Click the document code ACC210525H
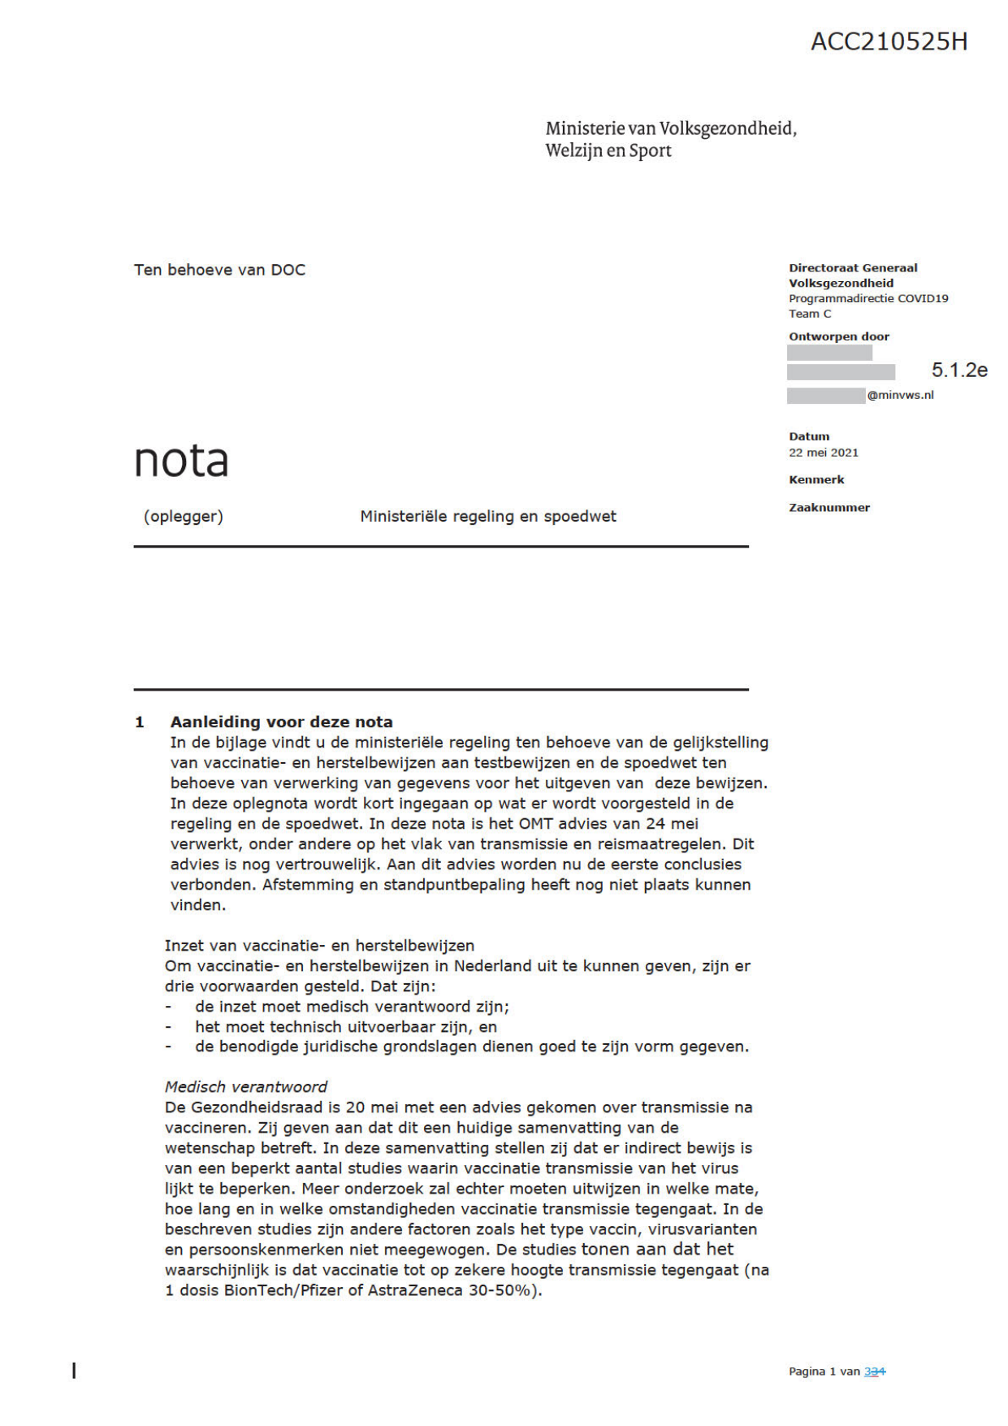(x=889, y=41)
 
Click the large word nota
(x=181, y=461)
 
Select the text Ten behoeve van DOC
(x=219, y=270)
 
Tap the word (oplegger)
(x=184, y=517)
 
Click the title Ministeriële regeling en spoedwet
(x=487, y=517)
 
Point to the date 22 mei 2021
(x=823, y=453)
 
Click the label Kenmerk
(x=816, y=480)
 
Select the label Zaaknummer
(x=828, y=508)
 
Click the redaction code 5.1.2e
(x=959, y=371)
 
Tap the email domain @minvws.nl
(x=900, y=396)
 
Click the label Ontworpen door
(x=838, y=336)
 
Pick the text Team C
(x=810, y=314)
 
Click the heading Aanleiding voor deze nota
(x=281, y=722)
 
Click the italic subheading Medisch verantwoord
(x=246, y=1087)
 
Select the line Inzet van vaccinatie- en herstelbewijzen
(x=319, y=946)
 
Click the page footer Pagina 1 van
(x=824, y=1372)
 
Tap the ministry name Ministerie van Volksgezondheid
(x=670, y=128)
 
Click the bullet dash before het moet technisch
(x=168, y=1028)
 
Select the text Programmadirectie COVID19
(x=867, y=298)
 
